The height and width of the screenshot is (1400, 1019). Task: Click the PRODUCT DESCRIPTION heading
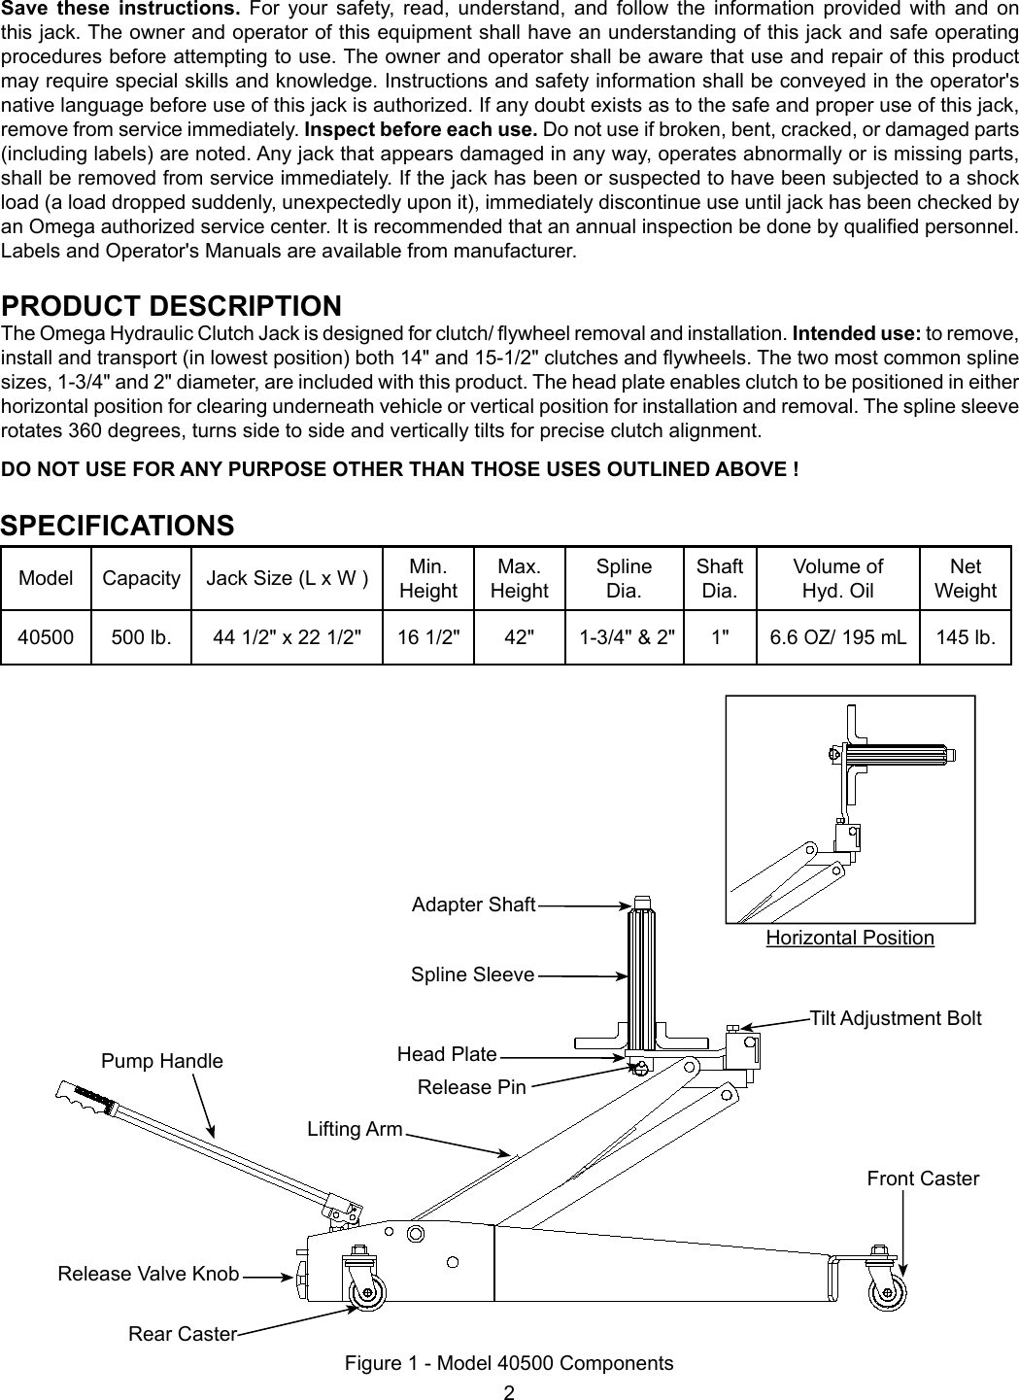coord(172,306)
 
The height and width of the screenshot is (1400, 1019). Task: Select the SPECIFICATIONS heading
coord(118,526)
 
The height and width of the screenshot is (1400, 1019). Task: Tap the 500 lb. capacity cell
coord(142,638)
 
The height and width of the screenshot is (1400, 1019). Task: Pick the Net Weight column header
coord(965,579)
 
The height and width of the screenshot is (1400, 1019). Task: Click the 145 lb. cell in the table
coord(965,638)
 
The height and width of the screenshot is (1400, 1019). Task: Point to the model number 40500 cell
coord(46,638)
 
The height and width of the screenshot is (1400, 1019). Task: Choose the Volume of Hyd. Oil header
coord(837,579)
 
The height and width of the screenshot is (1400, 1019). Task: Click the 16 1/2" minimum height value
coord(428,638)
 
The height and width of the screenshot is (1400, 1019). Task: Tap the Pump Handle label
coord(162,1061)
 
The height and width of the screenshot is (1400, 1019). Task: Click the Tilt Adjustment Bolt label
coord(896,1018)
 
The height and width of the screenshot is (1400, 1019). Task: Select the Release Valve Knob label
coord(149,1274)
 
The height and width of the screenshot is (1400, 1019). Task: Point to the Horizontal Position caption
coord(850,938)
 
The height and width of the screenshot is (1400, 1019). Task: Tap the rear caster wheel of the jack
coord(366,1292)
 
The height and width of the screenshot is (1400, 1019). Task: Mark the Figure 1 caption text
coord(509,1363)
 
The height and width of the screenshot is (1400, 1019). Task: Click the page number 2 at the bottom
coord(509,1391)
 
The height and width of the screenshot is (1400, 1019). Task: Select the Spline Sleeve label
coord(472,974)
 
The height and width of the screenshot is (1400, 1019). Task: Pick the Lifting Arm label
coord(355,1129)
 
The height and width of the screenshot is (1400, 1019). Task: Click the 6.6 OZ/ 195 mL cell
coord(837,638)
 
